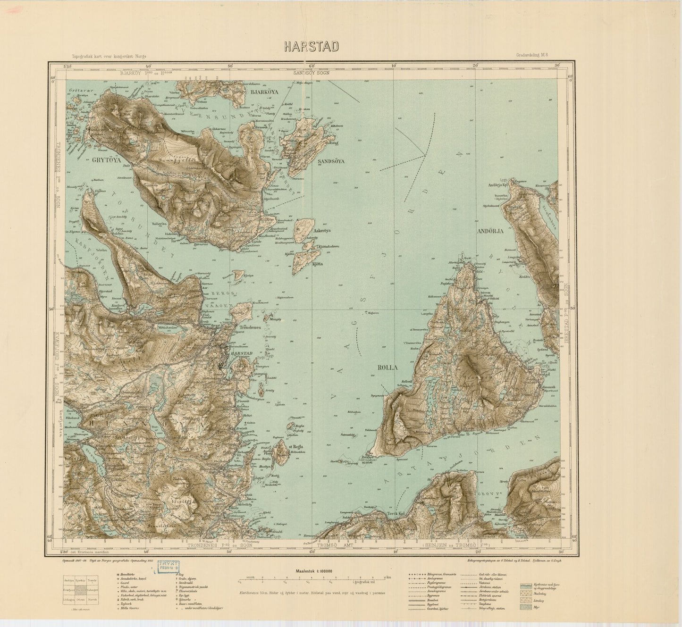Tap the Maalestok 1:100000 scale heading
click(x=312, y=570)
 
